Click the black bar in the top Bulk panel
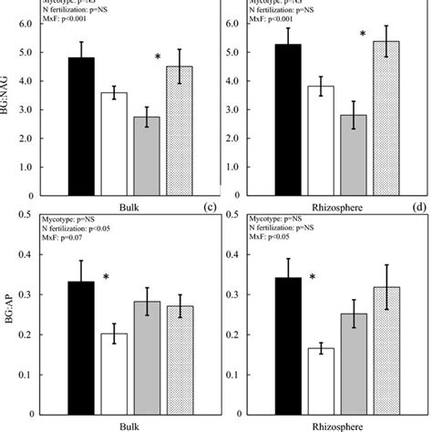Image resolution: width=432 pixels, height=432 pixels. [x=82, y=127]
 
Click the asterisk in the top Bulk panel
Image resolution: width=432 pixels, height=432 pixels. [x=159, y=58]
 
